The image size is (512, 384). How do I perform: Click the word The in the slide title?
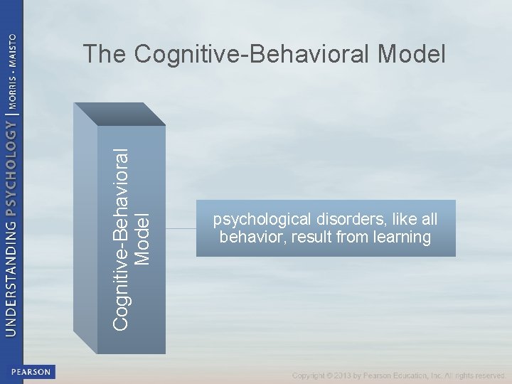(x=105, y=53)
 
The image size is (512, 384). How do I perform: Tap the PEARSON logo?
(x=31, y=371)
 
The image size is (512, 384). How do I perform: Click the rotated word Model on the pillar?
(x=143, y=239)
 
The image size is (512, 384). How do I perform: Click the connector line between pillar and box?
(x=181, y=229)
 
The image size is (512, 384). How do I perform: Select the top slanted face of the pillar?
(x=121, y=114)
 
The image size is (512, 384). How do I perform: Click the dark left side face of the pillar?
(x=85, y=228)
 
